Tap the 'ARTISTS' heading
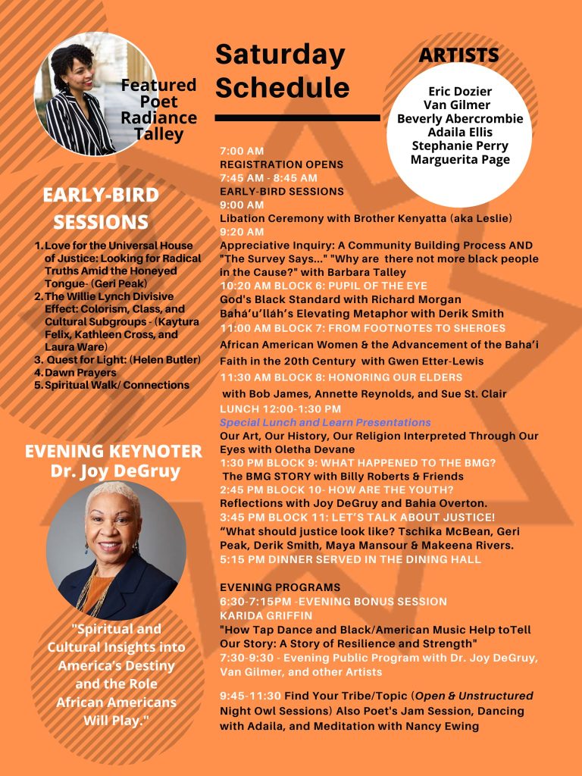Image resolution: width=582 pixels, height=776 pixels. (458, 55)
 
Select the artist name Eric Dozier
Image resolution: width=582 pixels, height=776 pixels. (459, 92)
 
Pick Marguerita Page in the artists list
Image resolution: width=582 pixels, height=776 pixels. (459, 159)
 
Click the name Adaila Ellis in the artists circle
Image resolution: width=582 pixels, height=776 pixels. (459, 132)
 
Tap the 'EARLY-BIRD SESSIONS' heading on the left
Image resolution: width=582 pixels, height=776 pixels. (101, 208)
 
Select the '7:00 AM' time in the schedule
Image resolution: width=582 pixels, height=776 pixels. (242, 151)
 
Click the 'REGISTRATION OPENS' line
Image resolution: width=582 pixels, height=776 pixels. (281, 164)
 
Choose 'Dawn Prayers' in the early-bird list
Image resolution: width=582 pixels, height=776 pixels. (80, 373)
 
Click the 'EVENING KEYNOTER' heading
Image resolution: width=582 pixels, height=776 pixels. (114, 452)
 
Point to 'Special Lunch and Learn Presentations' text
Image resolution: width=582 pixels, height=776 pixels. (325, 422)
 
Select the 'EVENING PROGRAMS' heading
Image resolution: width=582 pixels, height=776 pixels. (280, 587)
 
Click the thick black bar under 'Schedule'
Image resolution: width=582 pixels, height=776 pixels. (297, 118)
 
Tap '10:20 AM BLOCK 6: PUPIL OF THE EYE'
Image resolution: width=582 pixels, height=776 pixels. (324, 286)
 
